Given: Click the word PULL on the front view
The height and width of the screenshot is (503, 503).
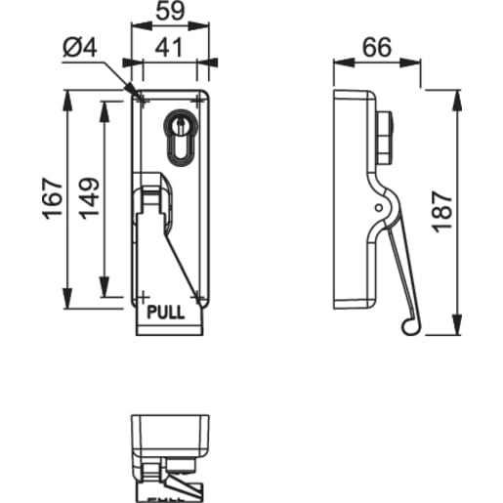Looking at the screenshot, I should click(164, 314).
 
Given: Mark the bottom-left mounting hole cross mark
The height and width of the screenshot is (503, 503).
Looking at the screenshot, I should click(143, 295).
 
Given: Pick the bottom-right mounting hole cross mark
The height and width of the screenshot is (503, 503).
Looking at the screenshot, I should click(198, 295).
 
